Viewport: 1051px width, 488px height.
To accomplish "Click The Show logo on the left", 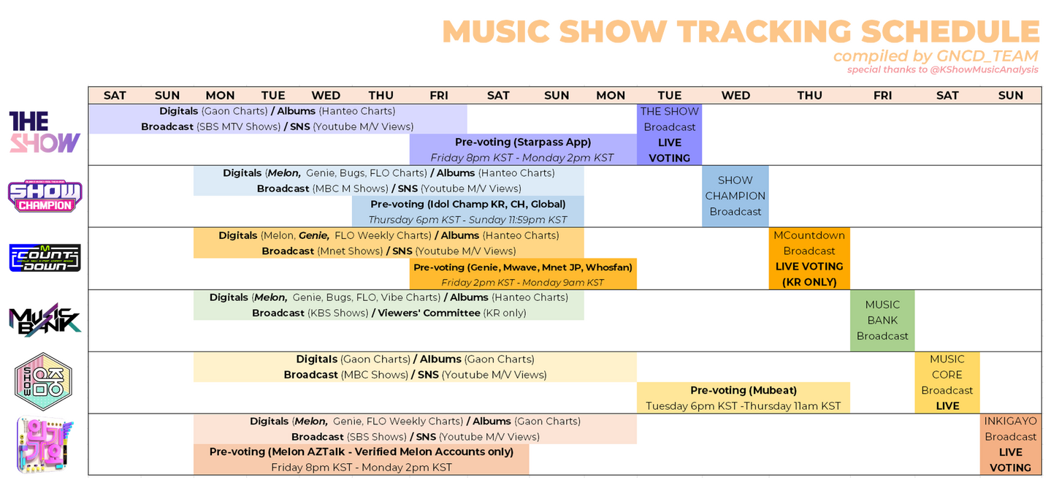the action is point(45,132).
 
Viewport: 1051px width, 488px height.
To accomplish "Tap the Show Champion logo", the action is point(45,196).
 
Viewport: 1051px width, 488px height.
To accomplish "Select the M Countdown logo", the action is point(45,258).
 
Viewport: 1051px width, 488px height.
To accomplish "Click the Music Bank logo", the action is point(45,320).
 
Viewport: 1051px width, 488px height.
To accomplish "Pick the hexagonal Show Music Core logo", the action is point(43,381).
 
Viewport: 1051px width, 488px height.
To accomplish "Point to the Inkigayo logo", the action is point(45,444).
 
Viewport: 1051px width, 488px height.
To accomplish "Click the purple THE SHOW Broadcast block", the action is point(670,134).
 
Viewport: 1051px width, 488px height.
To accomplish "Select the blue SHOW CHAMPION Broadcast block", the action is point(735,196).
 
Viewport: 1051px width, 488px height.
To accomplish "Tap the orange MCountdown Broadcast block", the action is point(809,259).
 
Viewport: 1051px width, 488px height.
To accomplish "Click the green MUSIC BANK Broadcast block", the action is point(882,321).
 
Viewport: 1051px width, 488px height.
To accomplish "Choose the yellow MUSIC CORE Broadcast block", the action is point(947,382).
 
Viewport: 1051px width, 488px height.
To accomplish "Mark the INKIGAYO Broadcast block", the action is point(1010,444).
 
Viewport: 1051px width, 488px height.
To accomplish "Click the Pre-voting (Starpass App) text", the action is point(523,142).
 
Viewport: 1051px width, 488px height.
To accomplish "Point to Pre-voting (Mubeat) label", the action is point(744,390).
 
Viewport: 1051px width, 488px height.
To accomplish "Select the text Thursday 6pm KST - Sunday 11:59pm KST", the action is point(467,220).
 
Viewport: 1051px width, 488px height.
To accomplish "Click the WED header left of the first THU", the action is point(326,95).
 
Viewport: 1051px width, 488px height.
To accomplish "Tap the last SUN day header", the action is point(1010,95).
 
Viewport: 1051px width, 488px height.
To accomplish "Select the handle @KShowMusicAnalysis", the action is point(984,69).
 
